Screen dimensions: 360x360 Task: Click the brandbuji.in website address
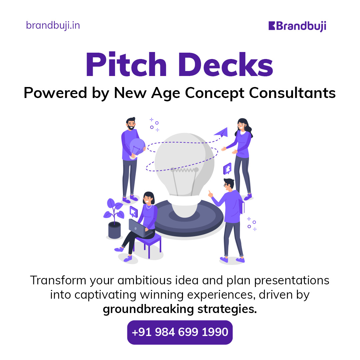tap(53, 25)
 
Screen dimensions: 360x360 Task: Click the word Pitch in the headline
tap(126, 65)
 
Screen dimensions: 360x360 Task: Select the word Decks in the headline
tap(226, 65)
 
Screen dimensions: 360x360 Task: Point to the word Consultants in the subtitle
tap(292, 93)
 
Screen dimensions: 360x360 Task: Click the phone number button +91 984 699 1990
tap(180, 332)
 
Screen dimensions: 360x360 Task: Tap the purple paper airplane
tap(221, 132)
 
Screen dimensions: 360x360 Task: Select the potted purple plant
tap(114, 218)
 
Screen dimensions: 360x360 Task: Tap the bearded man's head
tap(131, 124)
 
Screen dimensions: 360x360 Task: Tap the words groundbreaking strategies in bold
tap(180, 309)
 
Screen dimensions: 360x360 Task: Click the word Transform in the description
tap(58, 281)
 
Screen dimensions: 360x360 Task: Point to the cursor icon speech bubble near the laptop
tap(133, 211)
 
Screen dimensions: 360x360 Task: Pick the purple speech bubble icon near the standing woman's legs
tap(228, 169)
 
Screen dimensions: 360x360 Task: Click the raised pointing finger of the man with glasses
tap(209, 192)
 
